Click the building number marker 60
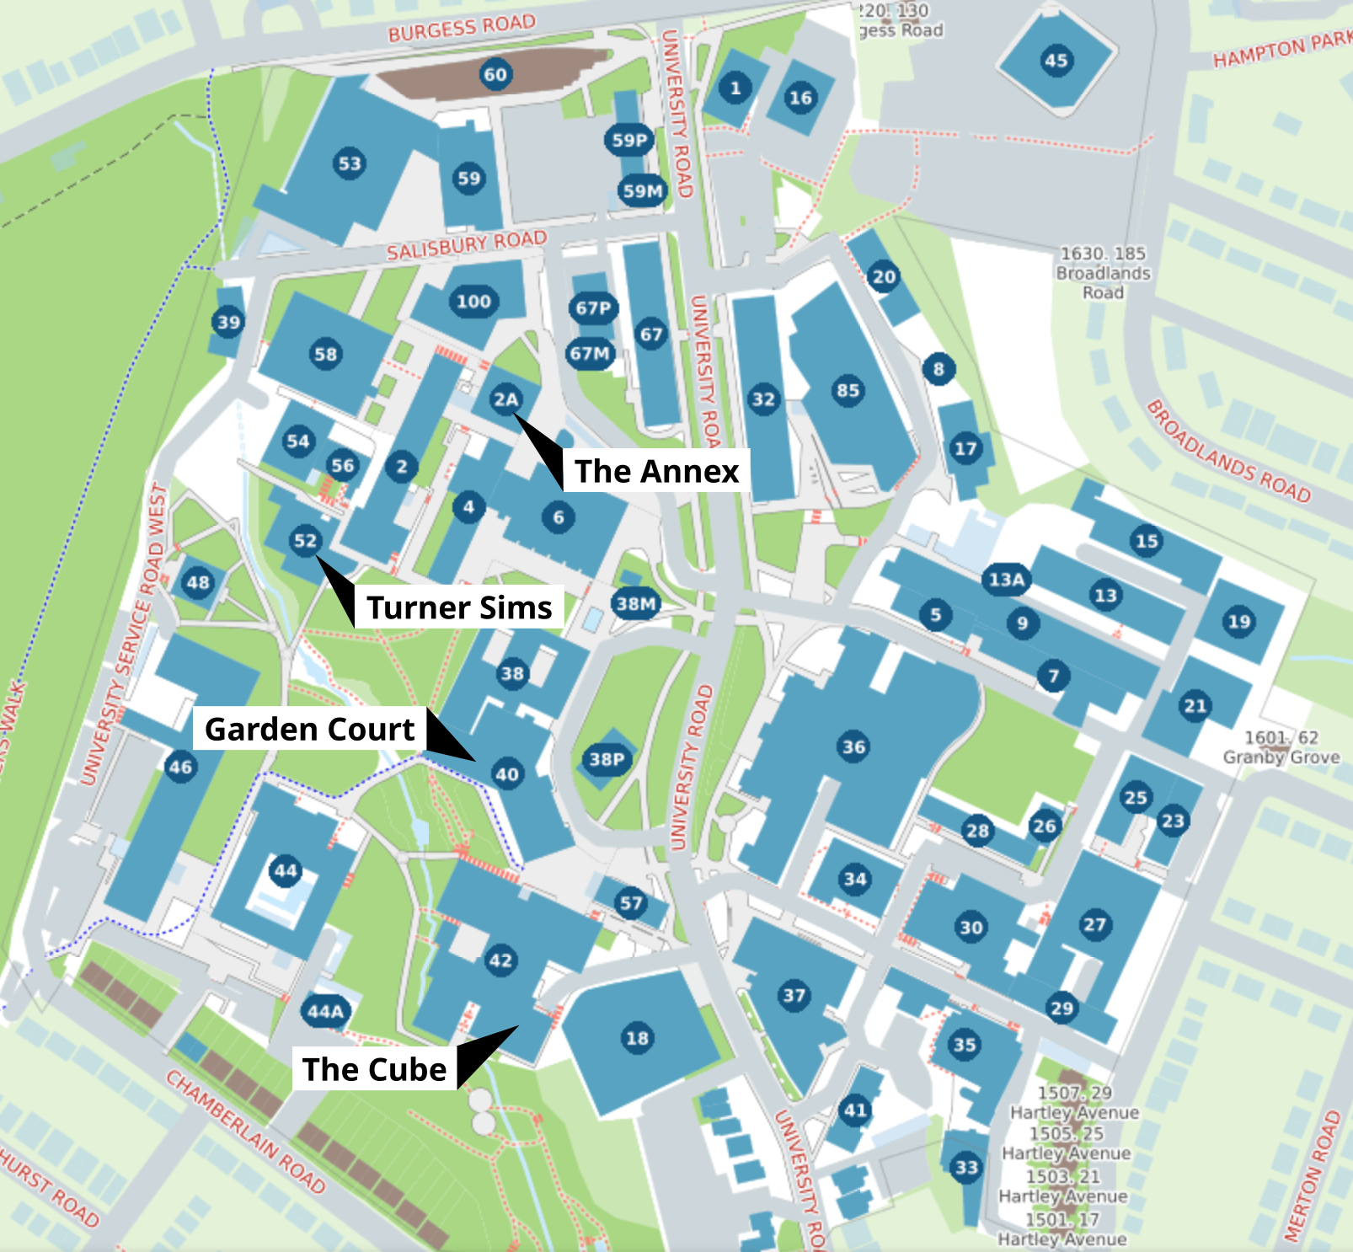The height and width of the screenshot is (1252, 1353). [x=495, y=74]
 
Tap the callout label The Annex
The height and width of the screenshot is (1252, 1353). [x=656, y=471]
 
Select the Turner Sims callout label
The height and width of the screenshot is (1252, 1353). [x=459, y=607]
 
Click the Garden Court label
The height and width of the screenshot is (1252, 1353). [x=309, y=729]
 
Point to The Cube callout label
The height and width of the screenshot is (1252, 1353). [x=374, y=1069]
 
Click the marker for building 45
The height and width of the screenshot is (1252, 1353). [x=1056, y=61]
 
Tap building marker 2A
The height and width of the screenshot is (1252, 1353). [x=505, y=399]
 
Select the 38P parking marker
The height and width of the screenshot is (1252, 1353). [x=607, y=760]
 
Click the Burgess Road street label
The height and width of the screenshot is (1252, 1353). [x=462, y=27]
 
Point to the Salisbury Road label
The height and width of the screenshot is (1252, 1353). [x=467, y=245]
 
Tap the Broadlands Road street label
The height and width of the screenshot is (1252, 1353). [x=1229, y=452]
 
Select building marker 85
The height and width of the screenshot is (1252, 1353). [x=848, y=390]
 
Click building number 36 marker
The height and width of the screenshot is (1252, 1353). [x=853, y=746]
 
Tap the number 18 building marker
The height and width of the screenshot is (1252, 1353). [x=638, y=1038]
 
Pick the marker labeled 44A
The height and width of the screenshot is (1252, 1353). [x=325, y=1011]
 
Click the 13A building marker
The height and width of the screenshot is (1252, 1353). [x=1007, y=580]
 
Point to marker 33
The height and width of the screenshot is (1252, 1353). [x=966, y=1167]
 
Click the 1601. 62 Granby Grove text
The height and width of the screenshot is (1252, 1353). [x=1281, y=747]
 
